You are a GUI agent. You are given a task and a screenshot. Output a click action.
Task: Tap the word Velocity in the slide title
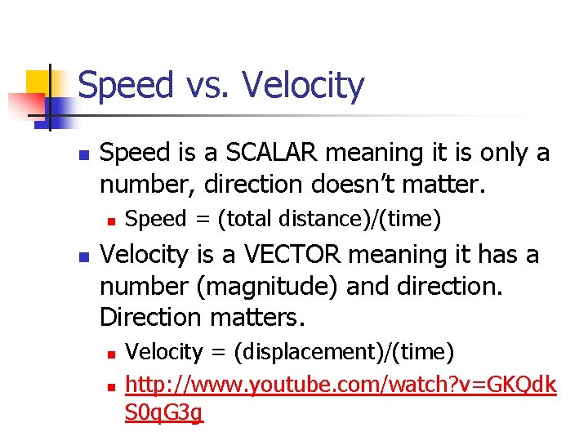(304, 86)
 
